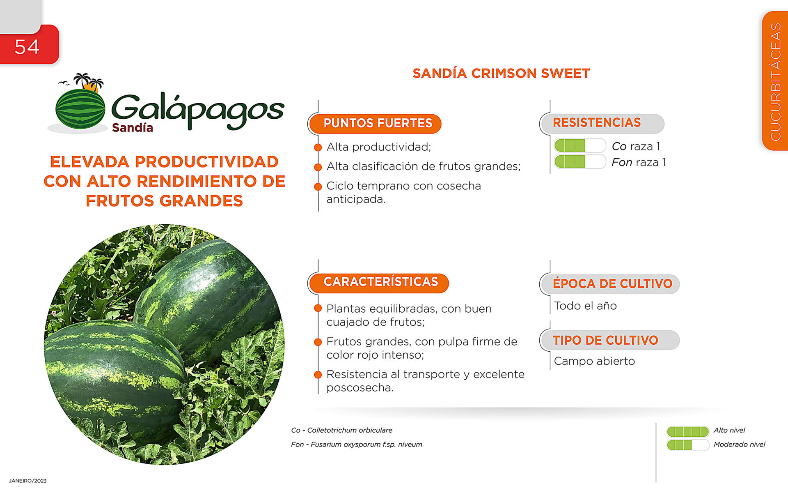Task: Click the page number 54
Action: tap(27, 47)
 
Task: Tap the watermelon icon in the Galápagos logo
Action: tap(80, 109)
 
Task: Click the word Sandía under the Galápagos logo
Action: tap(133, 128)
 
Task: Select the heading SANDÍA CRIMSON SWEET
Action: tap(501, 73)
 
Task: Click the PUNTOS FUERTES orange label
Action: tap(375, 124)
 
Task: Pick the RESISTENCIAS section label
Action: tap(602, 123)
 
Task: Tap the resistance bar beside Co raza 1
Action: tap(580, 145)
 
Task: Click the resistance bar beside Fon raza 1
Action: tap(580, 161)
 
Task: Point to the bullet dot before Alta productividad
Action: tap(318, 147)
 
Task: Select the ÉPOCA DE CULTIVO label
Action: tap(610, 284)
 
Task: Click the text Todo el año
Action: tap(585, 306)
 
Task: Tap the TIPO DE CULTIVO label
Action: tap(610, 340)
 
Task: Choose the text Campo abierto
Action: tap(594, 361)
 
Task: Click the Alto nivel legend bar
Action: tap(688, 431)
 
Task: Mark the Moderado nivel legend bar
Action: tap(688, 445)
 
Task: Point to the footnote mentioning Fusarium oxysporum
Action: tap(356, 445)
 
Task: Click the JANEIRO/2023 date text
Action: tap(27, 481)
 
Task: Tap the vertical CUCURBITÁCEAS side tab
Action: tap(775, 81)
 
